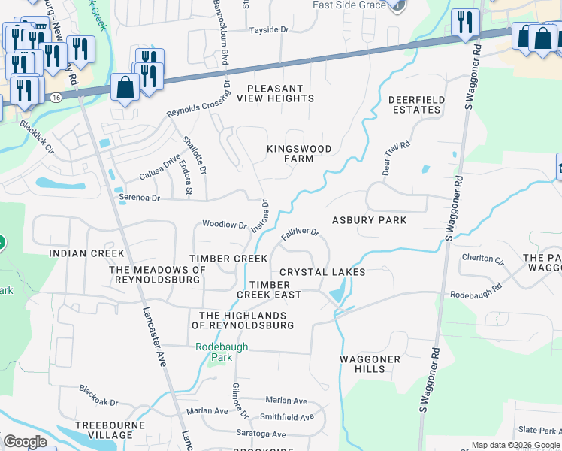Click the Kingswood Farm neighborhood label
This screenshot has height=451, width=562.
click(x=299, y=154)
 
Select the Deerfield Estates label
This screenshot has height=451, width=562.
click(x=416, y=104)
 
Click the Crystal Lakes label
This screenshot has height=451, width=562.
click(x=322, y=272)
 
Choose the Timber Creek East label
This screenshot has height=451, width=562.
click(x=275, y=289)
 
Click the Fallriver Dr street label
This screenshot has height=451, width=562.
click(x=301, y=234)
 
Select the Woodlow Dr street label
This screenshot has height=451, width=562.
click(x=225, y=225)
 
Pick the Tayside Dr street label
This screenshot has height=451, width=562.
click(x=269, y=30)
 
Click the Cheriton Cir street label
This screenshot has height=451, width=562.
click(x=482, y=259)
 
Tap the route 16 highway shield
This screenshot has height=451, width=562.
click(x=56, y=97)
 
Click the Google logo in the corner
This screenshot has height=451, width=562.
click(x=25, y=442)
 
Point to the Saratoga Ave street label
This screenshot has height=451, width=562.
click(x=258, y=434)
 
